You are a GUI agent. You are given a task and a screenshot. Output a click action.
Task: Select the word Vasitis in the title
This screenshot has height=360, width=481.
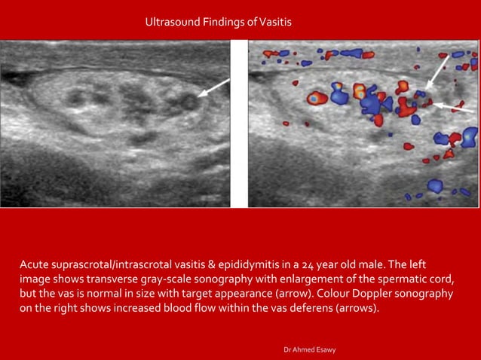[x=275, y=23]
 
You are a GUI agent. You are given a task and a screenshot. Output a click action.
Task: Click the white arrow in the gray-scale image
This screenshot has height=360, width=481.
[x=213, y=89]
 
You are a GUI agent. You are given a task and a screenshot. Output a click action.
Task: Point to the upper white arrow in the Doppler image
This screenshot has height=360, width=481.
[x=437, y=71]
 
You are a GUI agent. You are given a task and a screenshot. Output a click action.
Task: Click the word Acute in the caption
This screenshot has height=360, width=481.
[x=35, y=265]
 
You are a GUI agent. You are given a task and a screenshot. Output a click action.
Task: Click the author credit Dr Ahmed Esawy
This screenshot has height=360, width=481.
[x=310, y=350]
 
